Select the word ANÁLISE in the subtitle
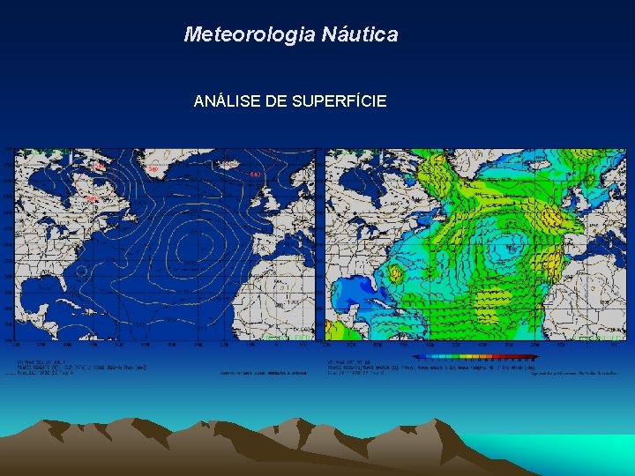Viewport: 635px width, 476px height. (x=227, y=101)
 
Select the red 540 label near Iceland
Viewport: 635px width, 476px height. (x=254, y=174)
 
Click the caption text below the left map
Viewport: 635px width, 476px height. (x=83, y=367)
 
